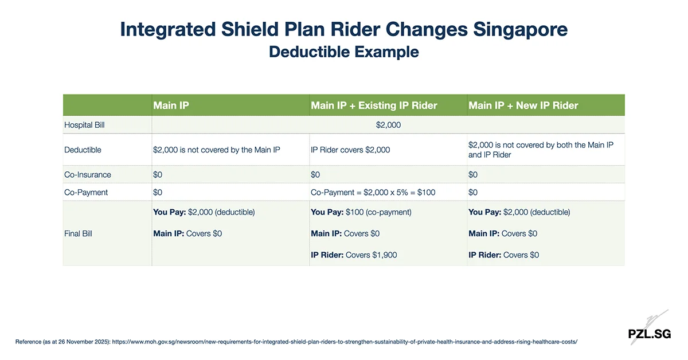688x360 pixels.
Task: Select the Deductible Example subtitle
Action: point(343,52)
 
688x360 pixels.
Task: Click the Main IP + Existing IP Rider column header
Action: point(374,105)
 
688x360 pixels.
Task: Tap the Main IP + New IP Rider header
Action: point(523,105)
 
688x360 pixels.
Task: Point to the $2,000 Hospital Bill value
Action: point(388,124)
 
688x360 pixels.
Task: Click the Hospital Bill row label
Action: point(84,124)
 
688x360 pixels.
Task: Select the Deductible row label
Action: point(83,150)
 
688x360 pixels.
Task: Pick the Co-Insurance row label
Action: point(88,174)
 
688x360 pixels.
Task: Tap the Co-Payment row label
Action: point(86,193)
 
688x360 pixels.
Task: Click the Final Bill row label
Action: point(78,233)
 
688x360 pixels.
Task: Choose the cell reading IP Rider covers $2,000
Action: point(350,150)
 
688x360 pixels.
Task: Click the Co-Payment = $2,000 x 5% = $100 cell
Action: point(373,193)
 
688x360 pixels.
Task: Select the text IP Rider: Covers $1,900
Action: point(354,255)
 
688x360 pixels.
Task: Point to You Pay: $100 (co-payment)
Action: point(361,212)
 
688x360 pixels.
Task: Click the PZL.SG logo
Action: point(649,333)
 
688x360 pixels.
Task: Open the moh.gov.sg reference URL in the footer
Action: point(344,341)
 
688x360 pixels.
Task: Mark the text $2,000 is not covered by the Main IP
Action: point(216,150)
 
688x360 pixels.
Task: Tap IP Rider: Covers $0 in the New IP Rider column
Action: point(503,255)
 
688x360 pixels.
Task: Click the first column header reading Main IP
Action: point(171,105)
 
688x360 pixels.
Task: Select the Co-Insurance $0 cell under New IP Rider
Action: point(473,174)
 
